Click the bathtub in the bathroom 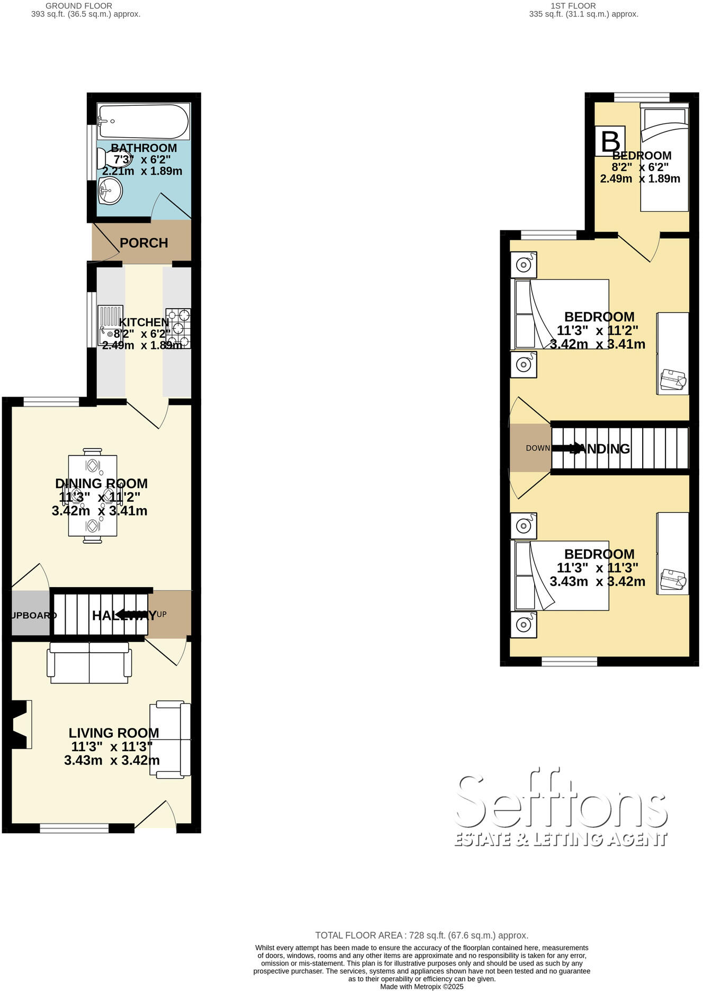[143, 121]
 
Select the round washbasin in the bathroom [110, 190]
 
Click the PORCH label [143, 243]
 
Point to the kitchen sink [111, 325]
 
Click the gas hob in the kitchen [178, 328]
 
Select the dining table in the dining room [93, 495]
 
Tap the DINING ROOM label [101, 483]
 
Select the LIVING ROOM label [113, 733]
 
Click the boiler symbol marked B [610, 141]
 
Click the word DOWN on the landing [537, 448]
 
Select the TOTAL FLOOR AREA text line [421, 935]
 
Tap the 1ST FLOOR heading [573, 6]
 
